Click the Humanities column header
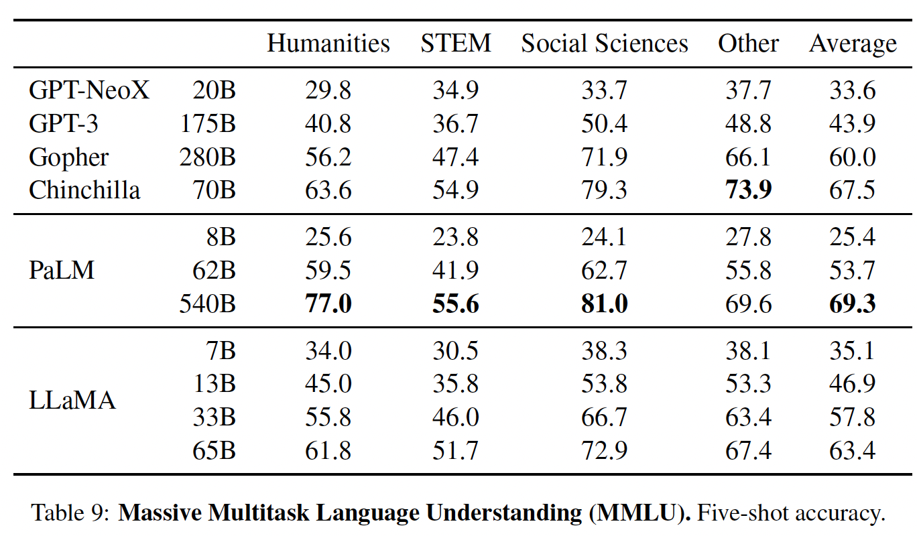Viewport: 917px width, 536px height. (x=328, y=44)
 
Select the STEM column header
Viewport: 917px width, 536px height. (x=456, y=44)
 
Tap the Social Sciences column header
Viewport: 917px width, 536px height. (x=605, y=44)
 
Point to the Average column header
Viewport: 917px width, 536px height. (x=853, y=44)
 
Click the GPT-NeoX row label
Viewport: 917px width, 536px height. (x=89, y=90)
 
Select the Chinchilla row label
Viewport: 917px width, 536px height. (x=84, y=190)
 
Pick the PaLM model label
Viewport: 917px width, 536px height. (x=62, y=271)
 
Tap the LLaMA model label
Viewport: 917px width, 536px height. (x=72, y=401)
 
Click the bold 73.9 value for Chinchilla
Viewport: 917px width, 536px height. (x=748, y=190)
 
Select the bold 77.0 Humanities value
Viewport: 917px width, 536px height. (x=328, y=304)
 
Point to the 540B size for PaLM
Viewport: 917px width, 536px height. (x=207, y=304)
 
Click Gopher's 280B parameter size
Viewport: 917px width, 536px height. (x=207, y=157)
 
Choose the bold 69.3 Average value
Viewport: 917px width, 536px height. (x=853, y=304)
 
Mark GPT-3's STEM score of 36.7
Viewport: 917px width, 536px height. (x=456, y=124)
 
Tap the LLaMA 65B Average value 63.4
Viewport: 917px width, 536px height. (x=853, y=451)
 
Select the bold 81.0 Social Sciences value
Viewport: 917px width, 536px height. (x=605, y=304)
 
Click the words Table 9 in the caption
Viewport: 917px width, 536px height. (x=69, y=514)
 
